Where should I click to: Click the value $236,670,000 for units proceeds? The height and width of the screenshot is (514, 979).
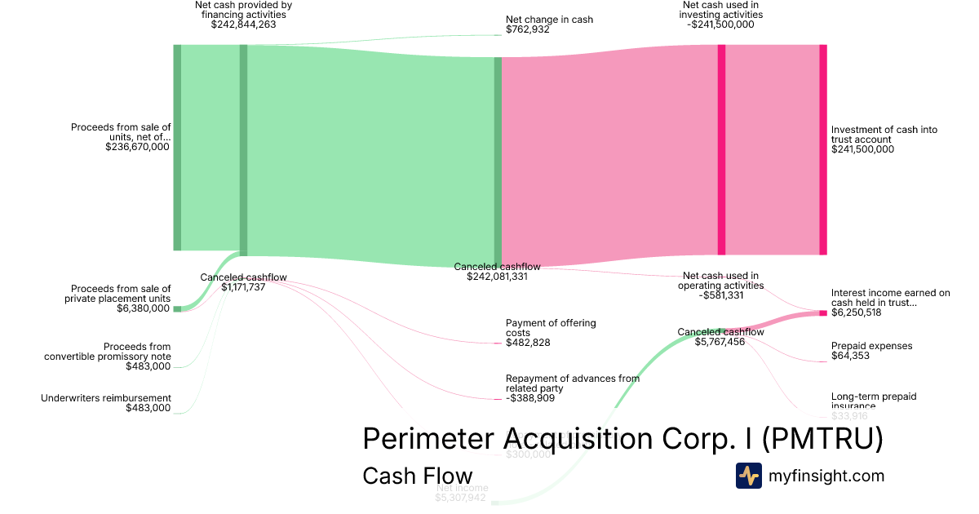(138, 147)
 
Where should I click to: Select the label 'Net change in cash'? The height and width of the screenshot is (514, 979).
(549, 20)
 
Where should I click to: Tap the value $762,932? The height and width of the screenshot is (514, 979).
(528, 30)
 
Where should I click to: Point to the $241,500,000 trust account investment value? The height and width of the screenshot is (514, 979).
(862, 149)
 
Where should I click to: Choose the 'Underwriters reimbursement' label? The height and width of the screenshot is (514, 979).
(106, 398)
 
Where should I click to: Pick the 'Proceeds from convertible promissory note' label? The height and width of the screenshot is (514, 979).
(107, 352)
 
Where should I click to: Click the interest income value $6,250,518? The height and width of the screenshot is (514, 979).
(856, 312)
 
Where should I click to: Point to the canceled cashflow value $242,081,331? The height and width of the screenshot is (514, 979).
(497, 277)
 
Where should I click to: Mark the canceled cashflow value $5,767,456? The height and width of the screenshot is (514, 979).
(720, 342)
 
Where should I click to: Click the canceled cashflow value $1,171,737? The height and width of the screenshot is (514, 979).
(243, 287)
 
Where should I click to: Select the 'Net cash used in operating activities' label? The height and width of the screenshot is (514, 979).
(720, 281)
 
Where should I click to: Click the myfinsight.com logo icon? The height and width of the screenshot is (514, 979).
(748, 476)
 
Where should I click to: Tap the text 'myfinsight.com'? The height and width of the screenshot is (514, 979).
(826, 476)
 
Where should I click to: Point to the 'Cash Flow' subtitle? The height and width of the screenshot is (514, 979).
(417, 476)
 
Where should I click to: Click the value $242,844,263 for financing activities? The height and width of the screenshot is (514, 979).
(243, 24)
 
